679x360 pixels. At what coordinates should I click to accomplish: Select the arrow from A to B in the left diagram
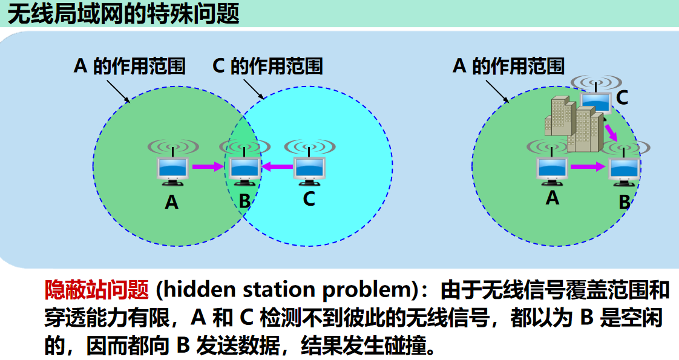coord(208,166)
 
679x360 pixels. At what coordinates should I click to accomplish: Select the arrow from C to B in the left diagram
coord(278,166)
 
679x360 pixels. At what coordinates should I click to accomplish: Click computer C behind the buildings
coord(596,101)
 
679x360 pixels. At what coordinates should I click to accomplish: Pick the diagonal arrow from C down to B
coord(611,133)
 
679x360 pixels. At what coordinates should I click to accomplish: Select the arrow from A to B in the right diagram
coord(588,166)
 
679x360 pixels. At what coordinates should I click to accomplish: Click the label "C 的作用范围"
coord(267,66)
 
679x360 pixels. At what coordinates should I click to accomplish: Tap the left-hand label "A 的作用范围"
coord(130,66)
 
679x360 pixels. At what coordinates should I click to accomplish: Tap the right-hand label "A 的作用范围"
coord(509,66)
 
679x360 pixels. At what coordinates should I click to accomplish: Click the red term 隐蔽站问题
coord(97,290)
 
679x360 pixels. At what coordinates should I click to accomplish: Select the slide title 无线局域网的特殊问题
coord(123,14)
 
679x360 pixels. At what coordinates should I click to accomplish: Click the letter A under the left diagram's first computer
coord(172,202)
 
